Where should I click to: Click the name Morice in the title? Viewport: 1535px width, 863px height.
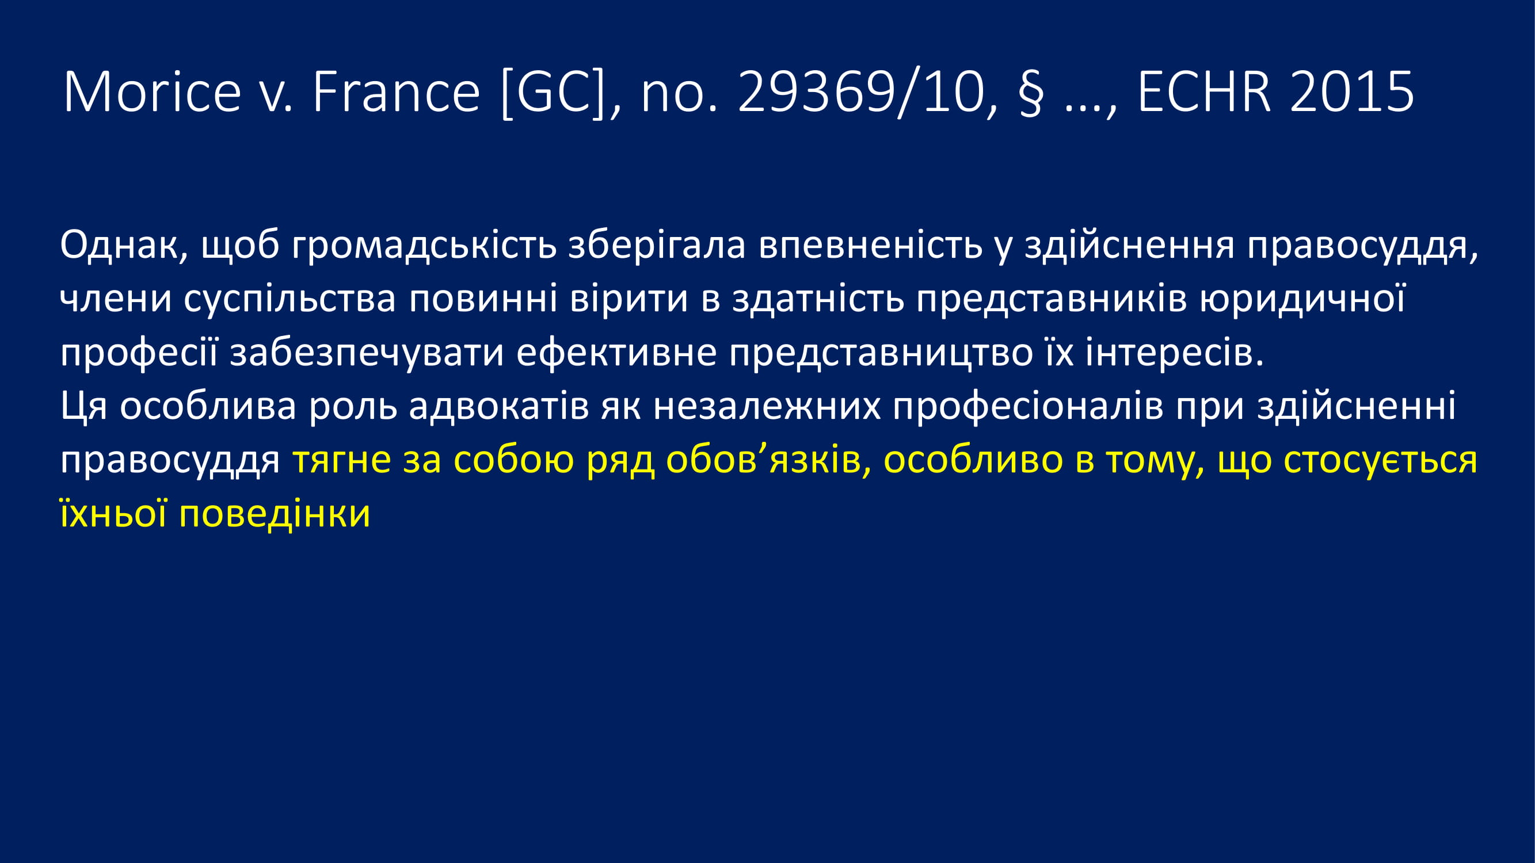(x=152, y=91)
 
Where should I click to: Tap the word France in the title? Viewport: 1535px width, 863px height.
(x=396, y=91)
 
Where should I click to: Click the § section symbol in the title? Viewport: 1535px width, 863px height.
(x=1030, y=94)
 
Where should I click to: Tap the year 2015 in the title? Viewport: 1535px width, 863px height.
(x=1352, y=91)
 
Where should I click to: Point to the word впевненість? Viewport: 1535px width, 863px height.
(x=871, y=246)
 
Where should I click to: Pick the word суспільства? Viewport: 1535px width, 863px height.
(x=290, y=299)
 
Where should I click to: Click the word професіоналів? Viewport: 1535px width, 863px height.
(x=1028, y=407)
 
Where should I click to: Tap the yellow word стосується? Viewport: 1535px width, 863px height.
(x=1381, y=461)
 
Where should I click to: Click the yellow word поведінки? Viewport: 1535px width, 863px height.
(x=275, y=514)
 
